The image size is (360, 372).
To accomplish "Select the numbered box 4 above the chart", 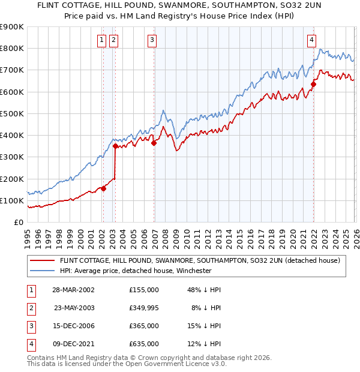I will (312, 40).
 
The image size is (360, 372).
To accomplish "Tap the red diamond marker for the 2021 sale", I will (314, 84).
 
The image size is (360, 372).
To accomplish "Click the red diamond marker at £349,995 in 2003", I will (115, 146).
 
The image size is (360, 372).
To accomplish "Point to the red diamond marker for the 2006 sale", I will (154, 143).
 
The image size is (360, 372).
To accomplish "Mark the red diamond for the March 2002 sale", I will (103, 188).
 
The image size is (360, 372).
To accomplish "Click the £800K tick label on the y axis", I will (12, 48).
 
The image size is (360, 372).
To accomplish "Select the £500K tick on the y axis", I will (12, 113).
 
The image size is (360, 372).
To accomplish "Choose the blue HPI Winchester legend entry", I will (136, 271).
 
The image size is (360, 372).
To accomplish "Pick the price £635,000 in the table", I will (144, 344).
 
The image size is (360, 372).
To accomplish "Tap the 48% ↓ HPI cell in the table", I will (205, 289).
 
